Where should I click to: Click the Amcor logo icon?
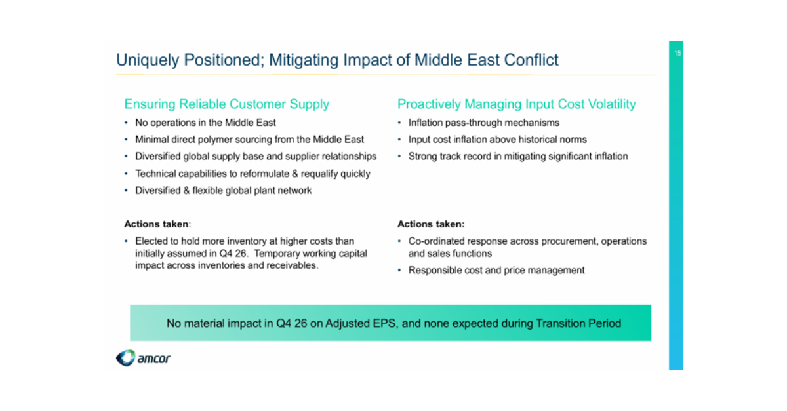coord(125,358)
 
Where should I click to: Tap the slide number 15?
coord(677,53)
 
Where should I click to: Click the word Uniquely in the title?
coord(148,60)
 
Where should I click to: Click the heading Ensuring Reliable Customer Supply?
coord(227,104)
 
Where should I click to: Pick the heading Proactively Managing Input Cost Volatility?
coord(517,104)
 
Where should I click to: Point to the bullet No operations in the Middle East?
coord(205,123)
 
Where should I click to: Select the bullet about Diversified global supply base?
coord(256,156)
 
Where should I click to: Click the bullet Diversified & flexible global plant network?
coord(224,190)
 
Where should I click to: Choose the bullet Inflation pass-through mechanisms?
coord(484,123)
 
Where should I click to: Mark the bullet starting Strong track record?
coord(518,156)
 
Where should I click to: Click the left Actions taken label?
coord(157,224)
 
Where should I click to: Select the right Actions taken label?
coord(431,224)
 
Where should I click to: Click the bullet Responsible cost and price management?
coord(496,271)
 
